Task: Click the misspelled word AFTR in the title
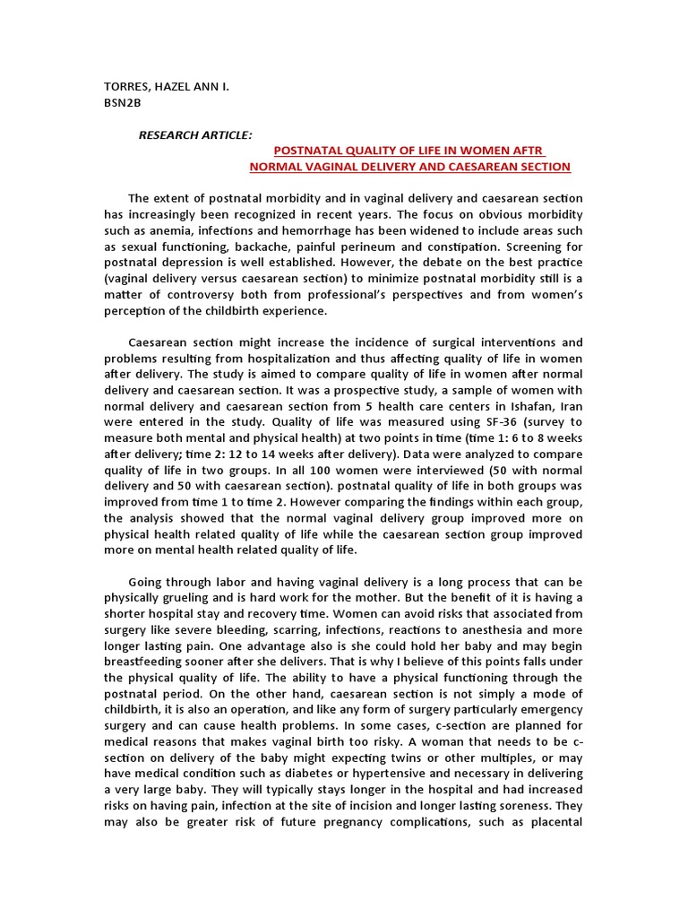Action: (526, 150)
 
